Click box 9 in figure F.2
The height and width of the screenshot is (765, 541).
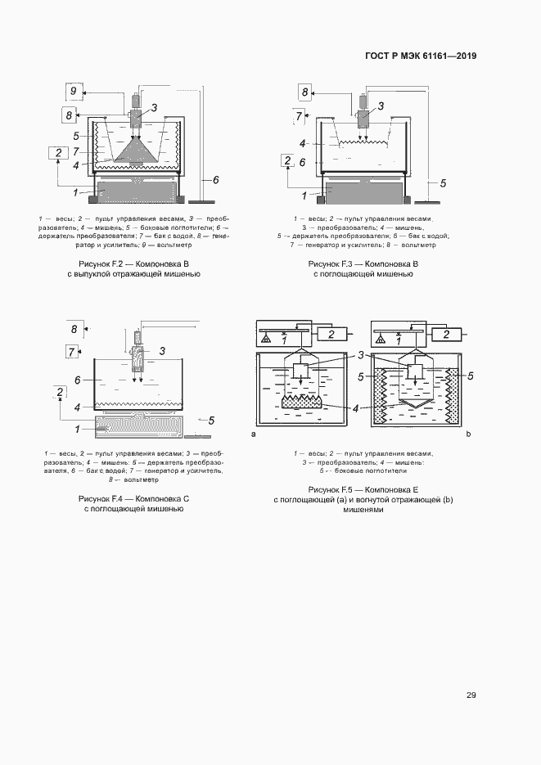(73, 90)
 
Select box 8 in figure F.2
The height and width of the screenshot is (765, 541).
(70, 115)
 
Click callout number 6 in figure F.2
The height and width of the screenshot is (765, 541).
(215, 179)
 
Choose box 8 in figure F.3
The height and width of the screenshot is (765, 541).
(304, 92)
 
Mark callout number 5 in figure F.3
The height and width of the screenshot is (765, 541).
(442, 182)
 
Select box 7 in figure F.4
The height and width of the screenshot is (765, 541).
(72, 352)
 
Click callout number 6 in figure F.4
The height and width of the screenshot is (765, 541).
(76, 380)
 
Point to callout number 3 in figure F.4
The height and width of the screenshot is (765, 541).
(162, 351)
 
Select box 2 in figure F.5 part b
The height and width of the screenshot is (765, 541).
(445, 334)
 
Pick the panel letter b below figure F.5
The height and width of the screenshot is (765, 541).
(469, 434)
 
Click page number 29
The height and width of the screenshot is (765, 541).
(471, 695)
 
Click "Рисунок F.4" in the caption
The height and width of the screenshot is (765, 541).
(100, 498)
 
